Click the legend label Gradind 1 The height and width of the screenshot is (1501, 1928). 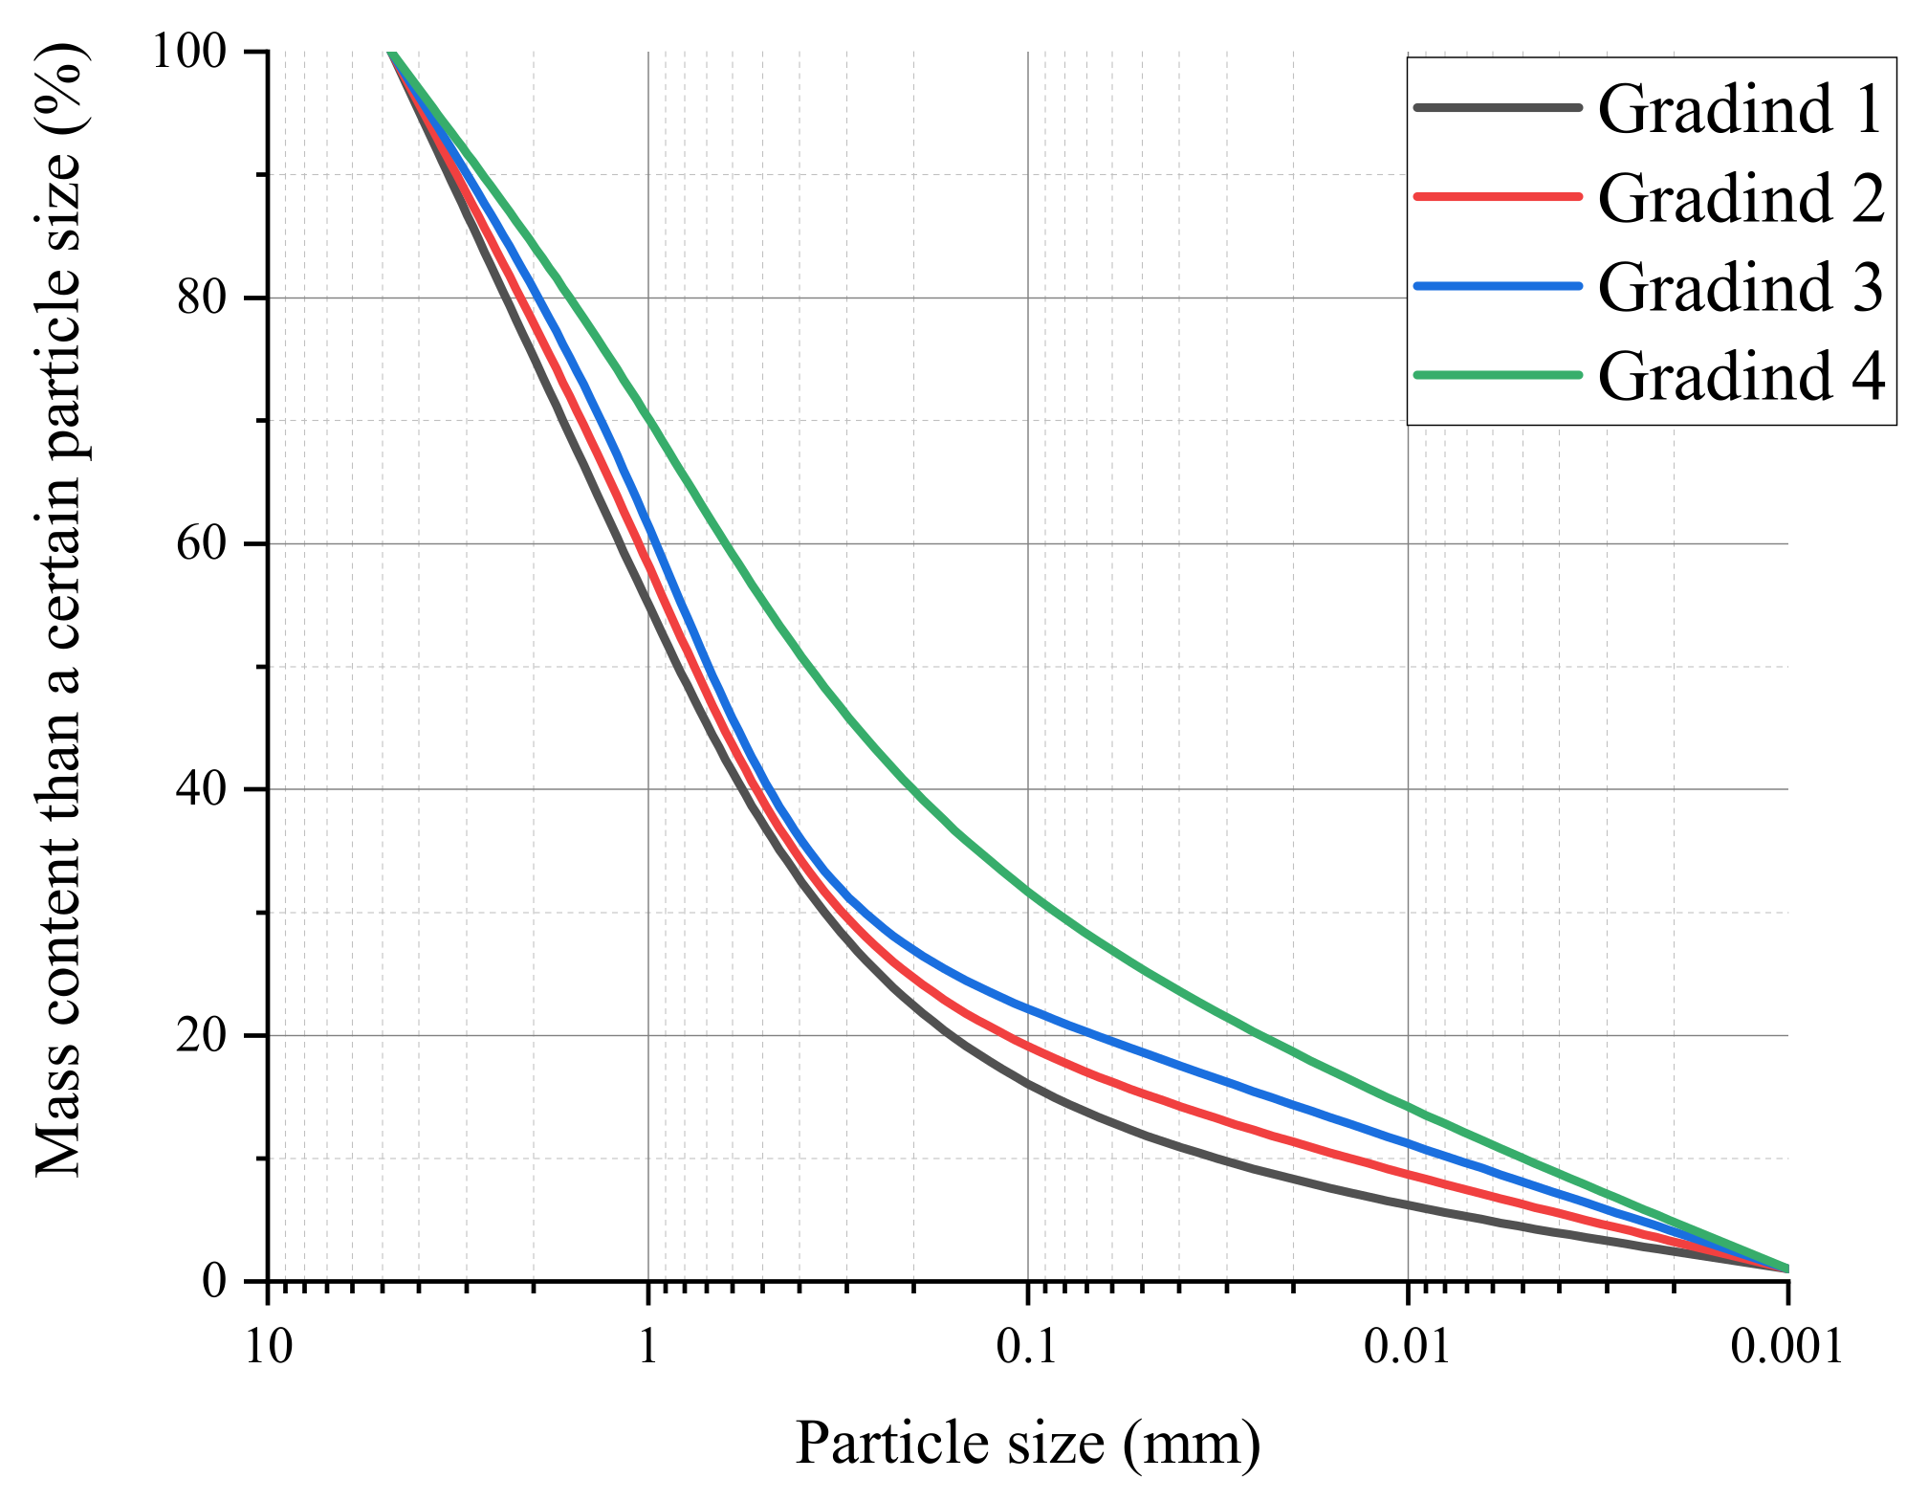point(1740,109)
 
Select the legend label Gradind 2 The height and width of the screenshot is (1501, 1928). point(1740,198)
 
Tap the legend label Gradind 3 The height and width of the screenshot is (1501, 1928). point(1740,287)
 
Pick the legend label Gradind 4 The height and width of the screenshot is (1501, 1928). point(1740,376)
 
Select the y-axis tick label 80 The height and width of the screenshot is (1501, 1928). point(202,298)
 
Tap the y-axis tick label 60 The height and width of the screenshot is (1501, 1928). point(202,543)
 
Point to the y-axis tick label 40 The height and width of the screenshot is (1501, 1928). point(202,789)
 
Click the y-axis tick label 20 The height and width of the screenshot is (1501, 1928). point(202,1035)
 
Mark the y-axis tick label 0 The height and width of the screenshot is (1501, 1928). point(214,1281)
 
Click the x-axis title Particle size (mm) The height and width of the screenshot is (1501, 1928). point(1027,1444)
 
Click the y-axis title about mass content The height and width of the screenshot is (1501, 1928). point(59,612)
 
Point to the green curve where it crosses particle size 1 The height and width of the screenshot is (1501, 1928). point(648,418)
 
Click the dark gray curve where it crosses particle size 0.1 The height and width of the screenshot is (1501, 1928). point(1028,1084)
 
